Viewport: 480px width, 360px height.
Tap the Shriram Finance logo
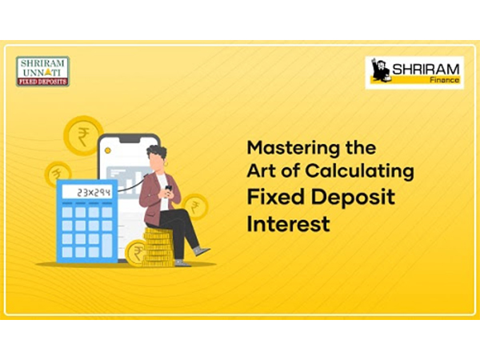[x=414, y=72]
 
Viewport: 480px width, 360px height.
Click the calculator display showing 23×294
[x=87, y=193]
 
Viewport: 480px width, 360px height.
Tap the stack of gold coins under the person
[x=158, y=247]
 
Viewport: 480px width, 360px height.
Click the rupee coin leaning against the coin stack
[x=138, y=254]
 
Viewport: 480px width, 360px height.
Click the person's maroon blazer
[x=150, y=196]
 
